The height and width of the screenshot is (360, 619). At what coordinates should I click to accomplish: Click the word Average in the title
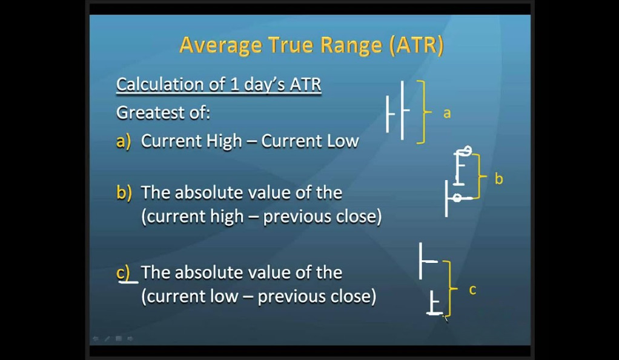pos(220,45)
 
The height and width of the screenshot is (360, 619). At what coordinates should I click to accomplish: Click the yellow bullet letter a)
pos(124,141)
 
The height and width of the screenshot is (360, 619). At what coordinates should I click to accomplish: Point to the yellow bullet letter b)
pos(124,193)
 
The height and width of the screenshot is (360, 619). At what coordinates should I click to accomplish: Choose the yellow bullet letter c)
pos(123,273)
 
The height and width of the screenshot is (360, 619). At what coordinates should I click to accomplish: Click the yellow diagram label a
pos(447,114)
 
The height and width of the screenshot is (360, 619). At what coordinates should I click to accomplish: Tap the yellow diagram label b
pos(499,179)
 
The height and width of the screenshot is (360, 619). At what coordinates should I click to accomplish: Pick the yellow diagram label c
pos(472,290)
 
